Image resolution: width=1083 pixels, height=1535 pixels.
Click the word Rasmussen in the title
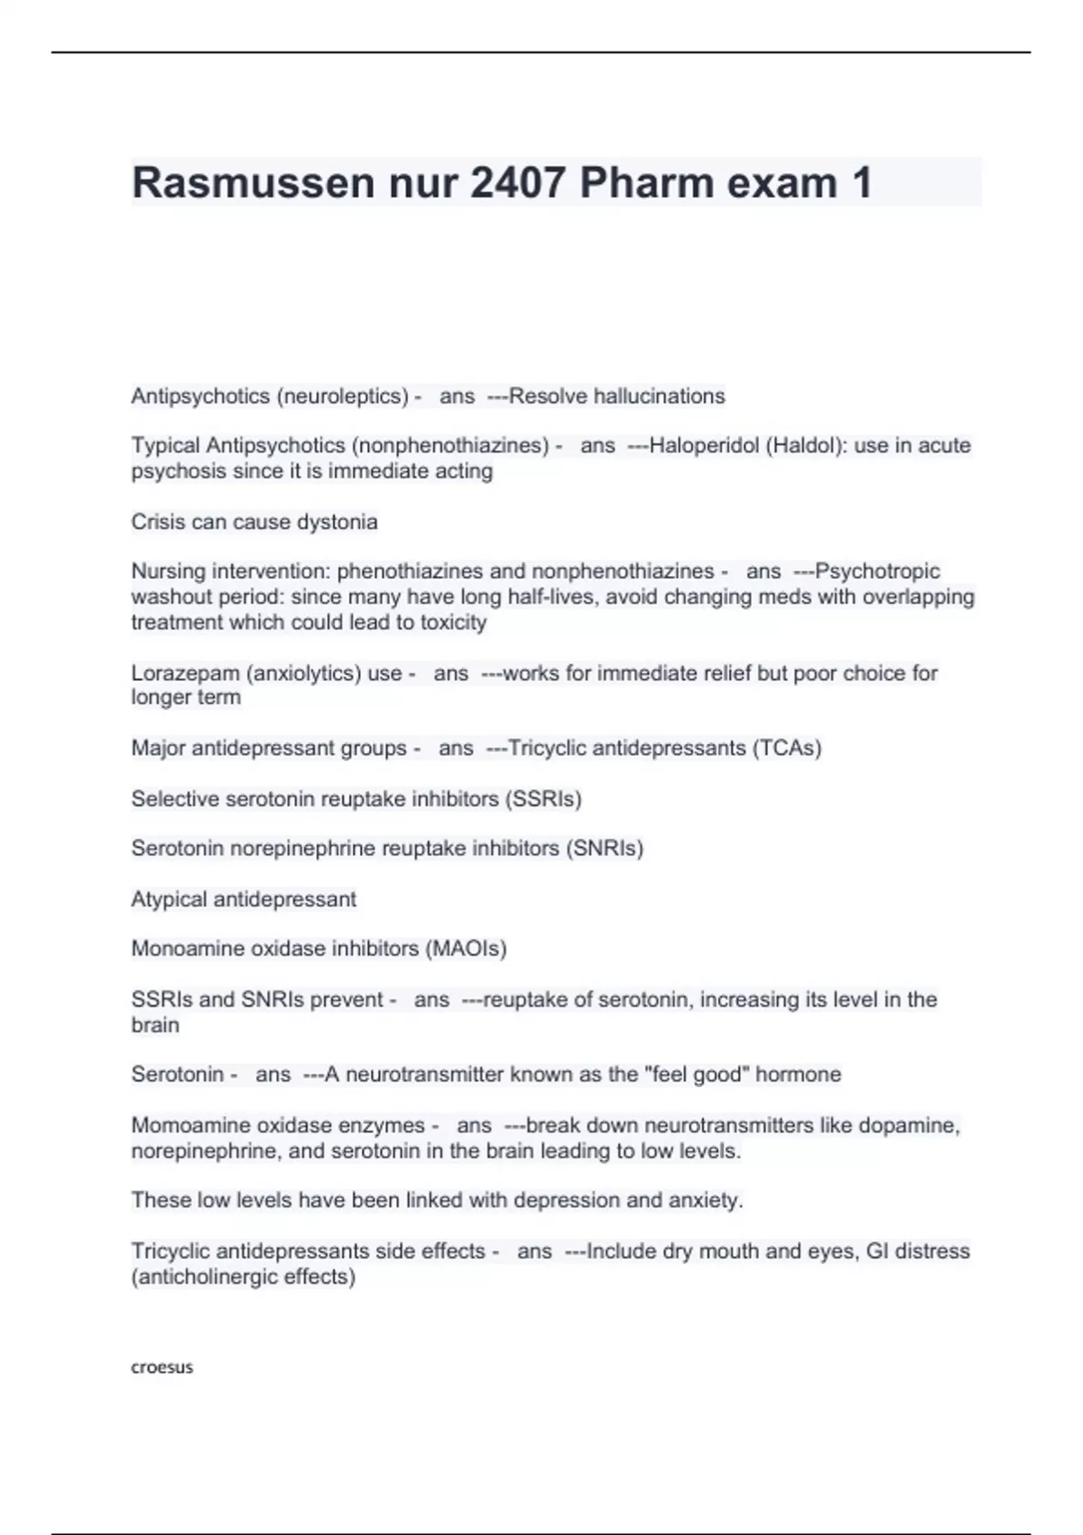coord(253,183)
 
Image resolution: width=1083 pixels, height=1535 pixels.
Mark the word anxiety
coord(705,1200)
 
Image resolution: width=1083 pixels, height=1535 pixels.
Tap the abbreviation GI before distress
coord(877,1251)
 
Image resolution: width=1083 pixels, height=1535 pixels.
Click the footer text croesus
coord(162,1367)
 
